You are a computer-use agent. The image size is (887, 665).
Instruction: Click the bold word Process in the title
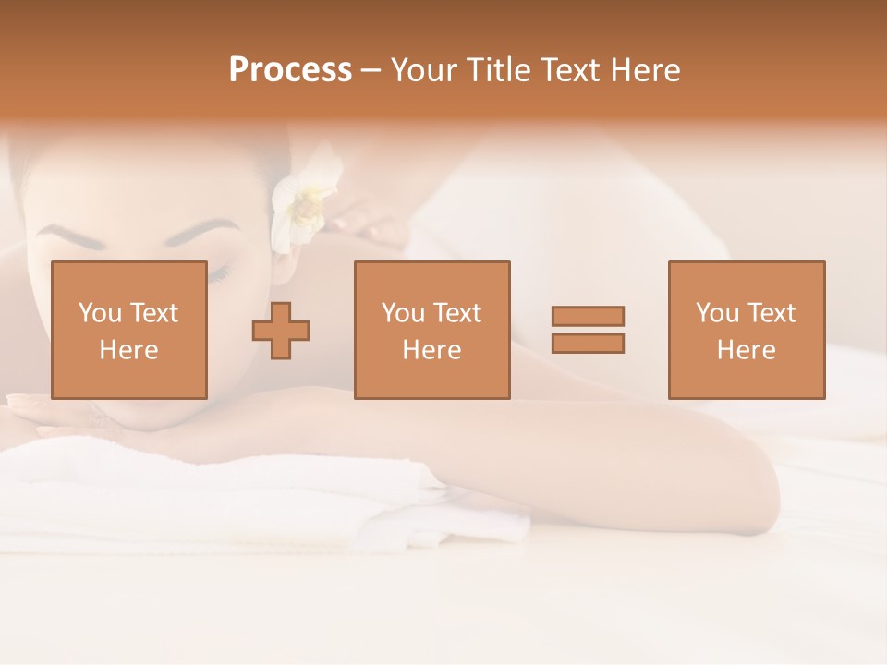tap(290, 70)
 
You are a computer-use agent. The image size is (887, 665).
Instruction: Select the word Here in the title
tap(642, 70)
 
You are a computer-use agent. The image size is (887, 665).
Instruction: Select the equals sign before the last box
tap(588, 330)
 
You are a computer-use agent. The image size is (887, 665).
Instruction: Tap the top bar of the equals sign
tap(588, 316)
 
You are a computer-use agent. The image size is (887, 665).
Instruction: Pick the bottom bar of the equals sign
tap(588, 344)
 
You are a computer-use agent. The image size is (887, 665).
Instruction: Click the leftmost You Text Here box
tap(128, 330)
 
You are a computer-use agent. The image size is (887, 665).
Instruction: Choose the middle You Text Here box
tap(431, 330)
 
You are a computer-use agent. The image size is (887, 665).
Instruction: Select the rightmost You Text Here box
tap(747, 330)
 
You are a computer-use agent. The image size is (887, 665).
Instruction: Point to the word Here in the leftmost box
tap(128, 350)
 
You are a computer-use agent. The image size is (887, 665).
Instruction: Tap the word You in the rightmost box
tap(716, 313)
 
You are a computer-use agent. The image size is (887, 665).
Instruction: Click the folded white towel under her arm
tap(231, 499)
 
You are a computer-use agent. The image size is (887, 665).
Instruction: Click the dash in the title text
tap(371, 71)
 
